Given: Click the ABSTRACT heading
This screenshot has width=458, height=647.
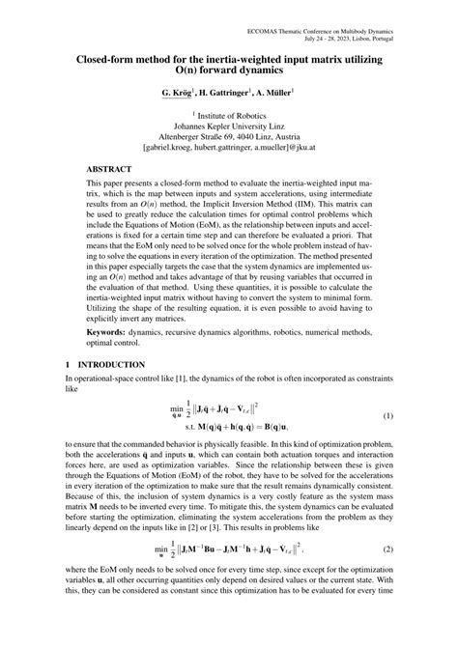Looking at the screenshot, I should (x=110, y=167).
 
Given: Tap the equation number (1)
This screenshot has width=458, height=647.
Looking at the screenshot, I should (x=386, y=388).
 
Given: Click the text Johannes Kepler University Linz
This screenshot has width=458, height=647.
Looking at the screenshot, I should (x=228, y=125).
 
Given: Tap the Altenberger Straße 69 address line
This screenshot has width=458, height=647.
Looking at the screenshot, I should (x=228, y=136).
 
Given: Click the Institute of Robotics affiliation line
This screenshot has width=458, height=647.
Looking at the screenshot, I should (x=230, y=113).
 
